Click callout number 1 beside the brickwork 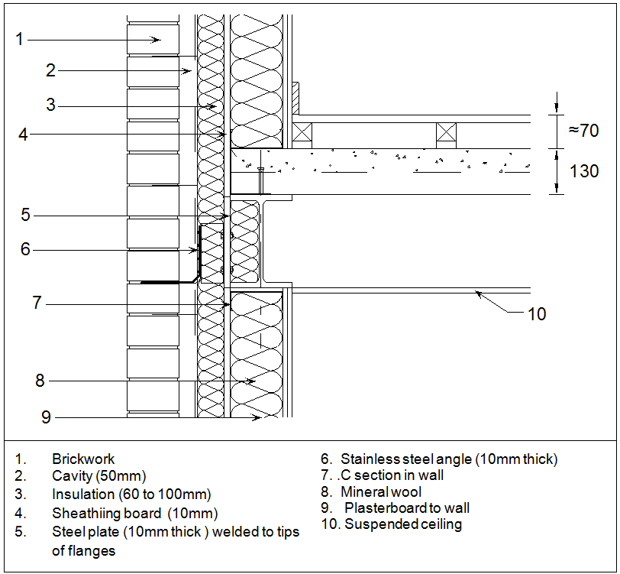(20, 39)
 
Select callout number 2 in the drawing (50, 70)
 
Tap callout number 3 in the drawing (50, 105)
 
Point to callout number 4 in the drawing (24, 135)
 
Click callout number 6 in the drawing (25, 249)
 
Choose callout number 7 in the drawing (36, 303)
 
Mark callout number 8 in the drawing (40, 380)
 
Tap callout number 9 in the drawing (46, 417)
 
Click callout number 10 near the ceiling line (537, 313)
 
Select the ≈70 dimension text (583, 130)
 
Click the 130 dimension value (584, 171)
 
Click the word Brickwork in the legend (83, 459)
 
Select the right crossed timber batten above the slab (446, 135)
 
